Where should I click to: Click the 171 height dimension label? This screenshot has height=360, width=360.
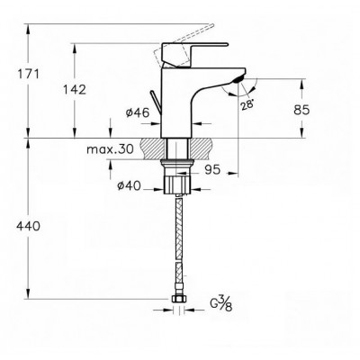coord(28,74)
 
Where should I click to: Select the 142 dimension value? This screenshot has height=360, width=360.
coord(74,89)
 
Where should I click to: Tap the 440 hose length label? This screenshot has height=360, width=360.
coord(28,226)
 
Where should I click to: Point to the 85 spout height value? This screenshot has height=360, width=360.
coord(301,110)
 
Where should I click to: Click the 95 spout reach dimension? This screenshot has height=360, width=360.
coord(212,170)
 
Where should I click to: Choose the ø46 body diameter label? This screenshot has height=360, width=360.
coord(138,112)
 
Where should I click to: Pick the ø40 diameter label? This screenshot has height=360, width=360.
coord(129,186)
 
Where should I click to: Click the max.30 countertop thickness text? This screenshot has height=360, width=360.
coord(110,149)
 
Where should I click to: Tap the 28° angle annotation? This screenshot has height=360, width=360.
coord(247,105)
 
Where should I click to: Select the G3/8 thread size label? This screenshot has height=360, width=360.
coord(221,303)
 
